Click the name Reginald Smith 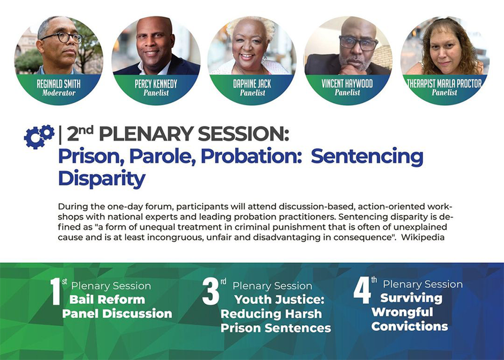point(59,84)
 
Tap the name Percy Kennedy point(156,84)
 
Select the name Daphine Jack point(252,84)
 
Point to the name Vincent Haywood point(347,83)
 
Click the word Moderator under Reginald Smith point(59,93)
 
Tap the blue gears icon point(39,136)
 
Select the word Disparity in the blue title point(102,178)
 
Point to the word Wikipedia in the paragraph point(423,237)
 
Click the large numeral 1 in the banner point(56,291)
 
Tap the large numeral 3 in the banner point(210,291)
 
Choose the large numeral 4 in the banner point(362,290)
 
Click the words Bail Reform point(107,300)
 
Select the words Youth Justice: point(280,300)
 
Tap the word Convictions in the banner point(409,326)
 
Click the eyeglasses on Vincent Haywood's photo point(359,43)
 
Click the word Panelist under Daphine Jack point(252,93)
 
